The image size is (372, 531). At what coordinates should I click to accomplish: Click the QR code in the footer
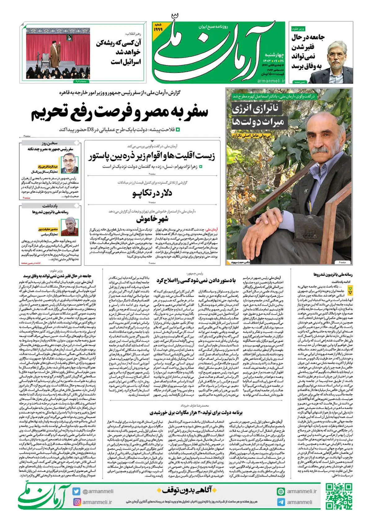pos(339,496)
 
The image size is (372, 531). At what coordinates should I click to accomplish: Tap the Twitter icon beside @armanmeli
pos(76,491)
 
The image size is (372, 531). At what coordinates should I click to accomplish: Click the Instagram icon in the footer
pos(77,502)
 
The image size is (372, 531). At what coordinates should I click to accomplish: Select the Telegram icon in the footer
pos(281,502)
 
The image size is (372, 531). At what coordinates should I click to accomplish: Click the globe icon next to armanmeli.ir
pos(281,491)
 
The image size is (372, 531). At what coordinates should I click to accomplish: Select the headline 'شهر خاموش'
pos(152,219)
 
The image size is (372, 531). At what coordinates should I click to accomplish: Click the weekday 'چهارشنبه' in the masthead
pos(274,55)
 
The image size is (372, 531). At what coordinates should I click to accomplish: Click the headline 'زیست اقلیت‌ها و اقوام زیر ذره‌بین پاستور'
pos(152,156)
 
